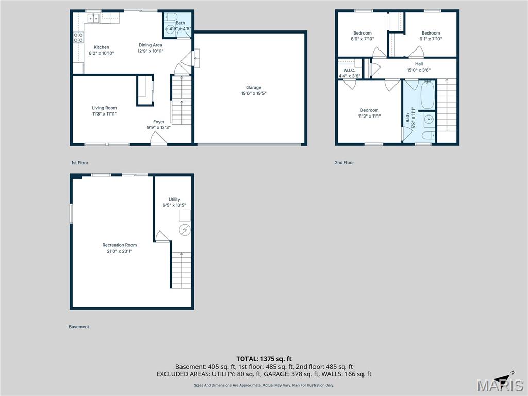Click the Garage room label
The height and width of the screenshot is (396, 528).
pyautogui.click(x=254, y=88)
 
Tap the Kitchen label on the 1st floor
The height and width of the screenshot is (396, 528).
pyautogui.click(x=101, y=47)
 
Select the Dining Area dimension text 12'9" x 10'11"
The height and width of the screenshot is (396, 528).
pyautogui.click(x=150, y=51)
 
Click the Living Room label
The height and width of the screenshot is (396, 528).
pyautogui.click(x=104, y=108)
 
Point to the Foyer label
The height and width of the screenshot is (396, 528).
pyautogui.click(x=158, y=122)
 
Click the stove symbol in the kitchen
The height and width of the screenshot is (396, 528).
pyautogui.click(x=78, y=37)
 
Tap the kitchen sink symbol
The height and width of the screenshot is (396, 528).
pyautogui.click(x=93, y=18)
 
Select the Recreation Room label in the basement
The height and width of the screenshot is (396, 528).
pyautogui.click(x=120, y=245)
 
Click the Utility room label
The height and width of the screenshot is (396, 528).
pyautogui.click(x=174, y=200)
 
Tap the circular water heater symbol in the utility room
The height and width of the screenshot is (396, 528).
pyautogui.click(x=184, y=229)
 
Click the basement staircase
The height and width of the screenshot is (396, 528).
pyautogui.click(x=180, y=269)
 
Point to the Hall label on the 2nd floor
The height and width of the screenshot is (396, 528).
pyautogui.click(x=419, y=64)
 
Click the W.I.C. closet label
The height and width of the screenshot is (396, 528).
pyautogui.click(x=349, y=70)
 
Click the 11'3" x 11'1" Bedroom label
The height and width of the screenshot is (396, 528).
pyautogui.click(x=369, y=110)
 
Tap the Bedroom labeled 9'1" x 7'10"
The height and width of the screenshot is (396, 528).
pyautogui.click(x=431, y=33)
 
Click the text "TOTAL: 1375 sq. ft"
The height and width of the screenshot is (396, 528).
pyautogui.click(x=264, y=359)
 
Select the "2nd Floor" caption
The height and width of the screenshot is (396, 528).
pyautogui.click(x=344, y=163)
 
